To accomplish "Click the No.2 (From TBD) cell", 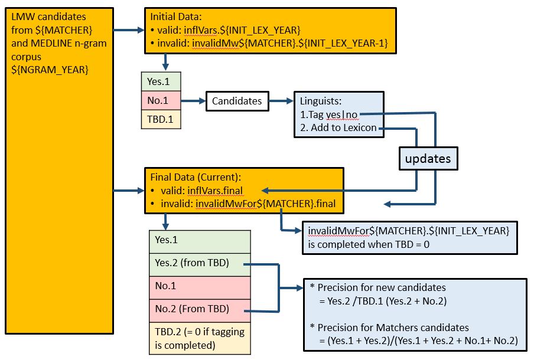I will pyautogui.click(x=200, y=308).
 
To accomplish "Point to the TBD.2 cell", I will pyautogui.click(x=200, y=338).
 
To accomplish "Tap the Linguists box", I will pyautogui.click(x=339, y=114).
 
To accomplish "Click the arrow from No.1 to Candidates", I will pyautogui.click(x=193, y=101).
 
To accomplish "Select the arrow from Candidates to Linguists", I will pyautogui.click(x=281, y=102).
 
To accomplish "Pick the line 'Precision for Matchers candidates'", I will pyautogui.click(x=393, y=328).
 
